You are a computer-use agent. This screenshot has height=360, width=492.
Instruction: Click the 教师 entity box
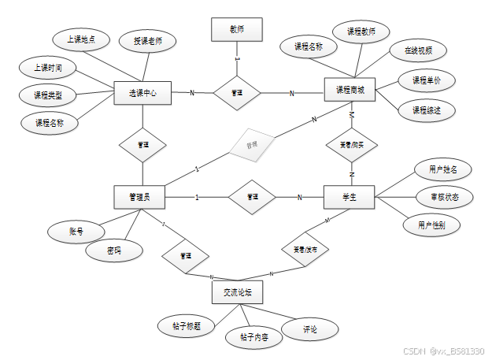click(237, 30)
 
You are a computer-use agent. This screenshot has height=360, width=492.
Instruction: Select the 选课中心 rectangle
click(142, 94)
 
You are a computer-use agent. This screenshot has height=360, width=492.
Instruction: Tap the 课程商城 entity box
click(350, 90)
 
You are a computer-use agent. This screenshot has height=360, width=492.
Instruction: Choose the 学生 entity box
click(350, 197)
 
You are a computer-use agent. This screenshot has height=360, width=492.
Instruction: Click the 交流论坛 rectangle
click(237, 293)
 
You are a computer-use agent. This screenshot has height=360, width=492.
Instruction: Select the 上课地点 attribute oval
click(81, 39)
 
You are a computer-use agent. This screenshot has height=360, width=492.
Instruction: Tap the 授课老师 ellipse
click(148, 42)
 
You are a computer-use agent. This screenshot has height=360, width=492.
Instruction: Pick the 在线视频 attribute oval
click(419, 51)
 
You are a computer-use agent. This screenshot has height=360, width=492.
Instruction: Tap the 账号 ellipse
click(76, 231)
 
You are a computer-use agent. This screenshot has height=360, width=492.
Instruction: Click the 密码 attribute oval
click(115, 251)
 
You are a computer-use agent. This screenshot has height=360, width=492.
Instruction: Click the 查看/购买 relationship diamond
click(352, 145)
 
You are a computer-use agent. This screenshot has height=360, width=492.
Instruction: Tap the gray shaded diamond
click(253, 145)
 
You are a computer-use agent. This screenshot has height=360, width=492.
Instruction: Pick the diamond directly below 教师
click(237, 93)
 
